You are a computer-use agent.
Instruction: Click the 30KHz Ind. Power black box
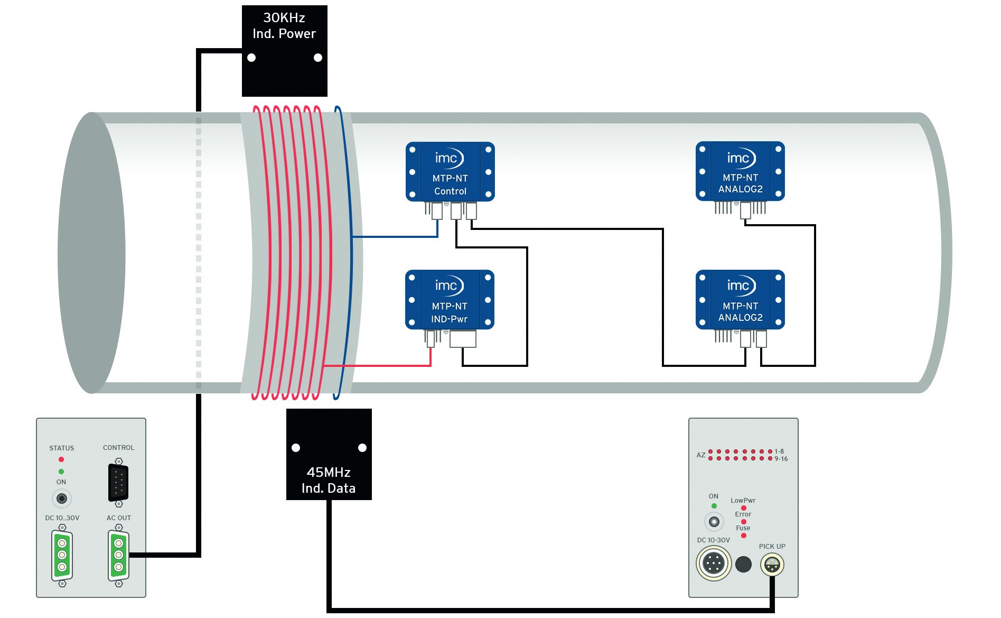click(x=284, y=51)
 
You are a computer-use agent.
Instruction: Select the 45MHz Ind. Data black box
click(x=329, y=454)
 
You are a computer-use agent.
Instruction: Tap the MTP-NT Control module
click(x=450, y=172)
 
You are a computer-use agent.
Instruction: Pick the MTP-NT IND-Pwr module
click(x=450, y=300)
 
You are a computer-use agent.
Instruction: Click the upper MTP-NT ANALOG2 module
click(x=740, y=171)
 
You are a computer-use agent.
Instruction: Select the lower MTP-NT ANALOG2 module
click(x=740, y=300)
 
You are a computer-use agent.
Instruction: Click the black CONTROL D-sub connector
click(x=118, y=482)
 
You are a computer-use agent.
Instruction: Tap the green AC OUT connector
click(x=118, y=555)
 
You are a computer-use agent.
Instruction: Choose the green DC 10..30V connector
click(x=62, y=555)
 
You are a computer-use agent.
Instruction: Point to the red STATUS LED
click(x=61, y=459)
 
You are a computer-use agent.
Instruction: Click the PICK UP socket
click(x=772, y=565)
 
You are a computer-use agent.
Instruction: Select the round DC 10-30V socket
click(x=714, y=564)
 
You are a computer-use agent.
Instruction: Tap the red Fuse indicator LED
click(x=744, y=536)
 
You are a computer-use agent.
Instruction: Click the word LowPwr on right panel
click(x=743, y=500)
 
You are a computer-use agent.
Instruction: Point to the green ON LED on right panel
click(x=714, y=506)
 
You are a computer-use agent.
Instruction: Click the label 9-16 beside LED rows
click(x=781, y=459)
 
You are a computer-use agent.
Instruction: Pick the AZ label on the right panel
click(x=700, y=455)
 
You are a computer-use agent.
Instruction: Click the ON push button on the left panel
click(x=62, y=499)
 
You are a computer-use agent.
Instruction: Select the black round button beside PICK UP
click(x=743, y=564)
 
